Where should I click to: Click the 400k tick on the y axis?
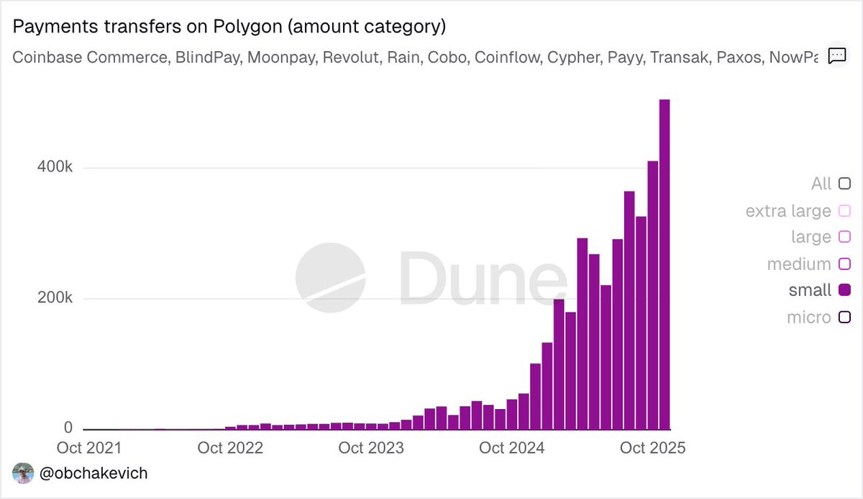point(56,168)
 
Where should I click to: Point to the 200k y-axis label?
point(56,298)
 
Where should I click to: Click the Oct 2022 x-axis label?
point(230,448)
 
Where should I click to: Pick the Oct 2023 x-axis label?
point(371,448)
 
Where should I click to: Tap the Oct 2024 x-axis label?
point(512,448)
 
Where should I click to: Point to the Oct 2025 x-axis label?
point(653,448)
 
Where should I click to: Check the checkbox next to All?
point(845,184)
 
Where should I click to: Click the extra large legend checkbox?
point(845,211)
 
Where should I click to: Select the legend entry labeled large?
point(811,237)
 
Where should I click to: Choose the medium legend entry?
point(799,264)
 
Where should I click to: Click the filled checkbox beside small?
point(845,290)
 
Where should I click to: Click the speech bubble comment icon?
point(836,56)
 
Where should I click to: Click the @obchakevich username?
point(94,474)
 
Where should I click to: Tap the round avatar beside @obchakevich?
point(24,474)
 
